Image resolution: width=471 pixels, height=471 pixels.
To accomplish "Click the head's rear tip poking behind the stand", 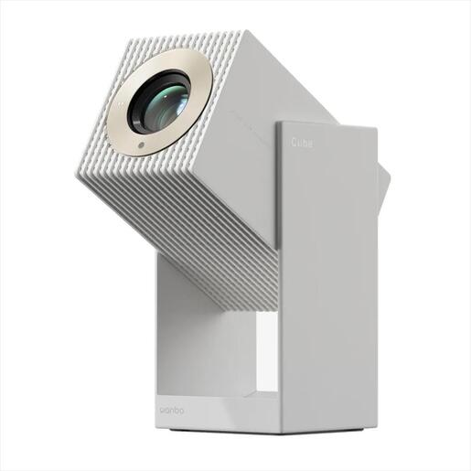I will pyautogui.click(x=384, y=183).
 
